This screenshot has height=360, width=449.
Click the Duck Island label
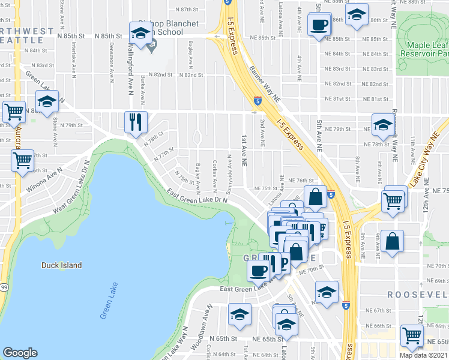coord(61,265)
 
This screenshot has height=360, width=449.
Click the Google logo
coord(20,353)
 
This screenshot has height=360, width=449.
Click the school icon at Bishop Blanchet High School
coord(140,33)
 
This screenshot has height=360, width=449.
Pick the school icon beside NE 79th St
coord(382,124)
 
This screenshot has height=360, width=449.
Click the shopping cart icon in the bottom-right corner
coord(412,337)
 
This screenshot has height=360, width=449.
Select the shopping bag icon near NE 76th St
coord(315,196)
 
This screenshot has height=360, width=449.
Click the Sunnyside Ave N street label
coord(229,173)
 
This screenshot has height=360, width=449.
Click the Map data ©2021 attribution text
coord(424,355)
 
